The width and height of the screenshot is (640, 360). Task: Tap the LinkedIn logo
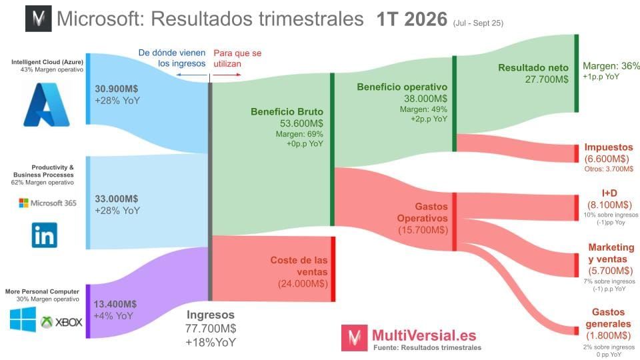tap(45, 235)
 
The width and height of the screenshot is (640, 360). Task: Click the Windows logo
tap(23, 321)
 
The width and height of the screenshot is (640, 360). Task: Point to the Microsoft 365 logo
tap(47, 203)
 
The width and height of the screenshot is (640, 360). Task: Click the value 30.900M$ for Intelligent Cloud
tap(117, 88)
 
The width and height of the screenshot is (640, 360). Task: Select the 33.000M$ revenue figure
tap(117, 199)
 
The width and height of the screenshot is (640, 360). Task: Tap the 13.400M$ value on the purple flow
tap(115, 304)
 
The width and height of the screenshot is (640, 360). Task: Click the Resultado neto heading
tap(533, 67)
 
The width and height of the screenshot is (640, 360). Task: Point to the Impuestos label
tap(609, 147)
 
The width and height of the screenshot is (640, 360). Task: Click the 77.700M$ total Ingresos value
tap(211, 328)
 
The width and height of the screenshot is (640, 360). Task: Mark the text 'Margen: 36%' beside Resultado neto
tap(611, 66)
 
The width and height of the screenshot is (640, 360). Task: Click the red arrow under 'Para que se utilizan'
tap(226, 75)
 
